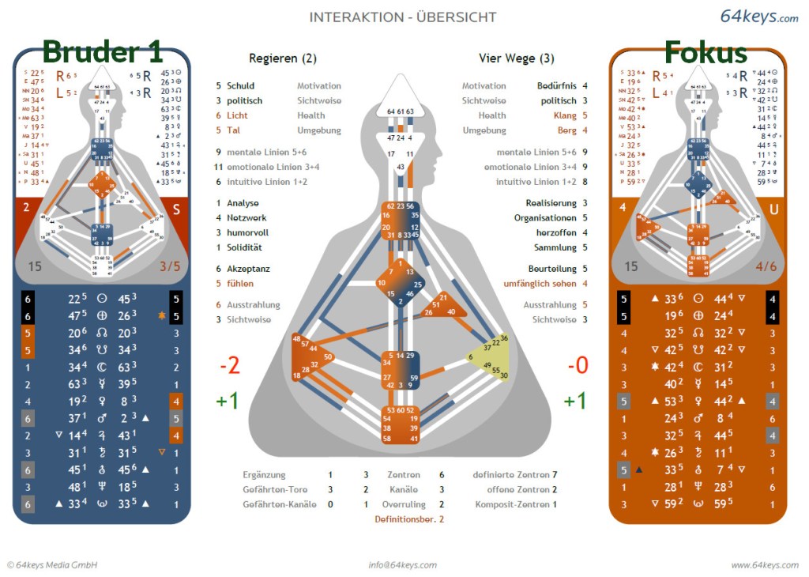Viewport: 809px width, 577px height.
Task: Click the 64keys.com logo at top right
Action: click(x=759, y=17)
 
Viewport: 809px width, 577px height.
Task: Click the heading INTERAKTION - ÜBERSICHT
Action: click(x=403, y=17)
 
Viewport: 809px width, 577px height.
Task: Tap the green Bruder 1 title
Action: click(x=102, y=52)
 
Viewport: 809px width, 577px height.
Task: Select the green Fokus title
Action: click(x=705, y=52)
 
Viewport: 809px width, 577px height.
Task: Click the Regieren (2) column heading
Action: click(x=283, y=58)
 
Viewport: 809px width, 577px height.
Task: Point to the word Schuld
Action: click(x=241, y=86)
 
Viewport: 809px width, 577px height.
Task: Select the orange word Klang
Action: click(x=566, y=115)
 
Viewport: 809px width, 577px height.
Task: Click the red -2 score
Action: click(x=230, y=366)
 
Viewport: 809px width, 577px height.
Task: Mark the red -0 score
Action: click(x=578, y=366)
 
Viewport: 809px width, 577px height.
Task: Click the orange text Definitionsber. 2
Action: click(x=409, y=519)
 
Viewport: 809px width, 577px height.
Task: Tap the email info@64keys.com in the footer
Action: click(x=402, y=564)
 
